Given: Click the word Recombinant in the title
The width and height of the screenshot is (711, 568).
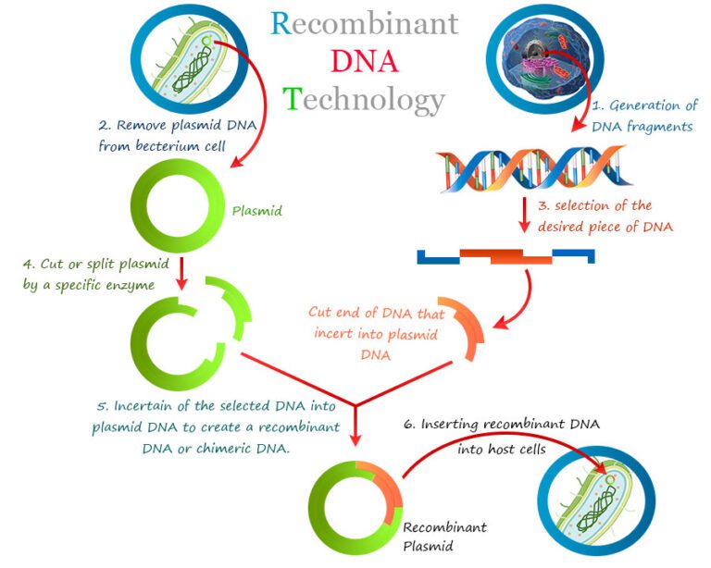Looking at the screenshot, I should tap(364, 23).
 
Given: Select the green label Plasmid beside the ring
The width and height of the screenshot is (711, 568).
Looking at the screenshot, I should tap(256, 211).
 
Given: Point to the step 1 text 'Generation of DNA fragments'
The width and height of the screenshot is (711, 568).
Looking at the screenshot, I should tap(644, 116).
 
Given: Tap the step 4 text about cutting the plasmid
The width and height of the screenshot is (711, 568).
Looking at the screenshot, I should tap(88, 275).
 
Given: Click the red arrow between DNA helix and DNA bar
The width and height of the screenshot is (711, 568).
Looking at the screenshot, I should tap(523, 219).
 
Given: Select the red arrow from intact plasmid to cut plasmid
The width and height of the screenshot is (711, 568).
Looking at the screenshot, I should tap(182, 272).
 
